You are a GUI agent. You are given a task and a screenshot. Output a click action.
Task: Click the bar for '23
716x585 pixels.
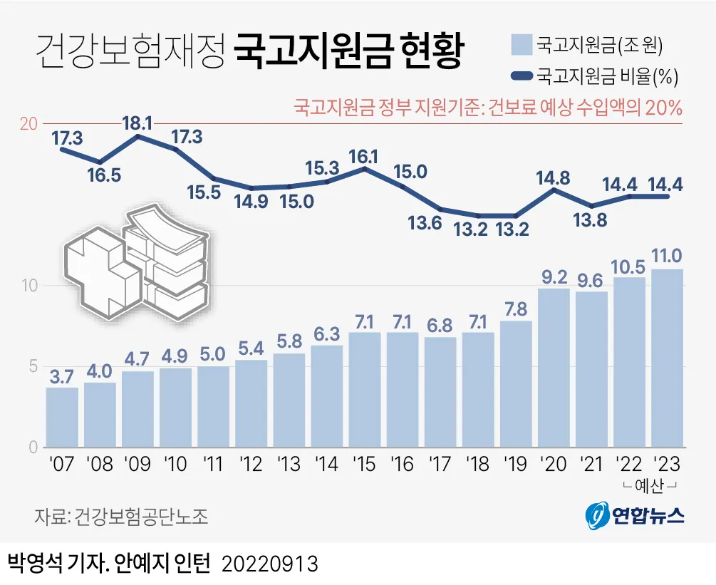click(x=668, y=358)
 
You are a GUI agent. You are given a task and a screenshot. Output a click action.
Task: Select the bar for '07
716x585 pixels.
click(x=62, y=418)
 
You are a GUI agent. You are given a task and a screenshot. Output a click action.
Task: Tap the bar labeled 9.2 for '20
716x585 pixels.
click(x=554, y=368)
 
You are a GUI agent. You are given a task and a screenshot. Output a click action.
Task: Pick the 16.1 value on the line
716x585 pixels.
click(x=363, y=155)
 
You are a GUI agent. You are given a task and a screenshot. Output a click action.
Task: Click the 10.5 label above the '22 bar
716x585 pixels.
click(x=630, y=264)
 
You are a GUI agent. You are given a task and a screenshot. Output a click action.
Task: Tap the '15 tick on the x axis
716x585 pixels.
click(x=364, y=465)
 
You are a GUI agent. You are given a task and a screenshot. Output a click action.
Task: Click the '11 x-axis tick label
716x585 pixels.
click(x=213, y=465)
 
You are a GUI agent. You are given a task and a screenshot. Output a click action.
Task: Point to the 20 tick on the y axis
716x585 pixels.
click(x=28, y=124)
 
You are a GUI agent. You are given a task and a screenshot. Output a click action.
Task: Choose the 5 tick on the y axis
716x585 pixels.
click(x=31, y=367)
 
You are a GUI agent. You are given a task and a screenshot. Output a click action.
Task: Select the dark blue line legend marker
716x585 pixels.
click(x=521, y=75)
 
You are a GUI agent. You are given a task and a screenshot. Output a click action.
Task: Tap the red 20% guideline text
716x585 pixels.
click(x=488, y=108)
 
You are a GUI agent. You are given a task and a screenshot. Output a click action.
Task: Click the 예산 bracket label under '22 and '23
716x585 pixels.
click(x=648, y=485)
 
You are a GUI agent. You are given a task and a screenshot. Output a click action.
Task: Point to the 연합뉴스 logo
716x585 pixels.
click(x=635, y=515)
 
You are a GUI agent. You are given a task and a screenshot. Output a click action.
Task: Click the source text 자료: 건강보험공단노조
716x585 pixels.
click(x=122, y=516)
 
